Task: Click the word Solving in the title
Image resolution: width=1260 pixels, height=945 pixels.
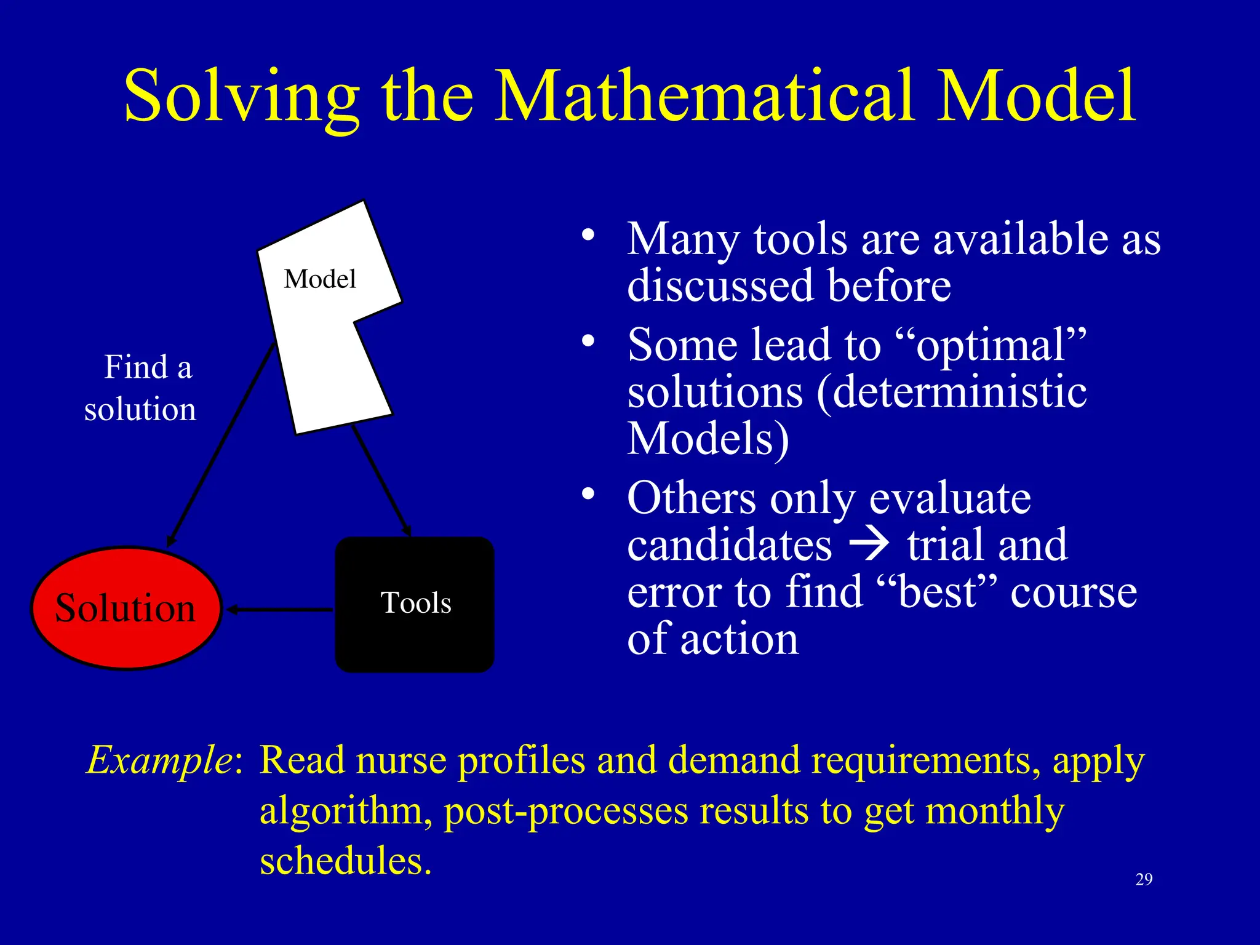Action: point(241,97)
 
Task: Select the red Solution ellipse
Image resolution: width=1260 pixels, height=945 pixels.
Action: point(126,608)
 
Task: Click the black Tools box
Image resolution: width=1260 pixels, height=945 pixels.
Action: point(415,604)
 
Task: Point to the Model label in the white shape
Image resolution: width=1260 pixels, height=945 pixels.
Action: point(320,279)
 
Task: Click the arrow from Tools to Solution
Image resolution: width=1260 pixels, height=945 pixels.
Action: point(280,610)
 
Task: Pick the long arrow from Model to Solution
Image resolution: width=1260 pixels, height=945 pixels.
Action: point(221,443)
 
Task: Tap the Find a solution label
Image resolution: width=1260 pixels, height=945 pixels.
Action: point(142,388)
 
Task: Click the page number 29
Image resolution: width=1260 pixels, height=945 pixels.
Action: point(1144,879)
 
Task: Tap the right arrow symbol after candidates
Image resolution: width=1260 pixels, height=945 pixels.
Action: point(869,544)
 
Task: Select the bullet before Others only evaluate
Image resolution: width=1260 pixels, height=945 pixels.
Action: point(589,494)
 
